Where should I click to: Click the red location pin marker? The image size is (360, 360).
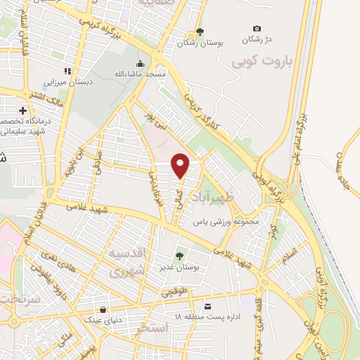[x=181, y=166]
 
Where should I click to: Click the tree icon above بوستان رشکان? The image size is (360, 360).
[x=200, y=31]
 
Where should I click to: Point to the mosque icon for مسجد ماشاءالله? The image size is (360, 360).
[x=141, y=63]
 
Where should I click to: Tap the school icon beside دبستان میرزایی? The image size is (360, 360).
[x=68, y=71]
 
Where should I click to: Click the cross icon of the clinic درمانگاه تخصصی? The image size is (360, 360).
[x=23, y=110]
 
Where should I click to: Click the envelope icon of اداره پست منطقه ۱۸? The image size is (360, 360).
[x=208, y=307]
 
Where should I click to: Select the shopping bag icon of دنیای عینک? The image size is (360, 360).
[x=104, y=309]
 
